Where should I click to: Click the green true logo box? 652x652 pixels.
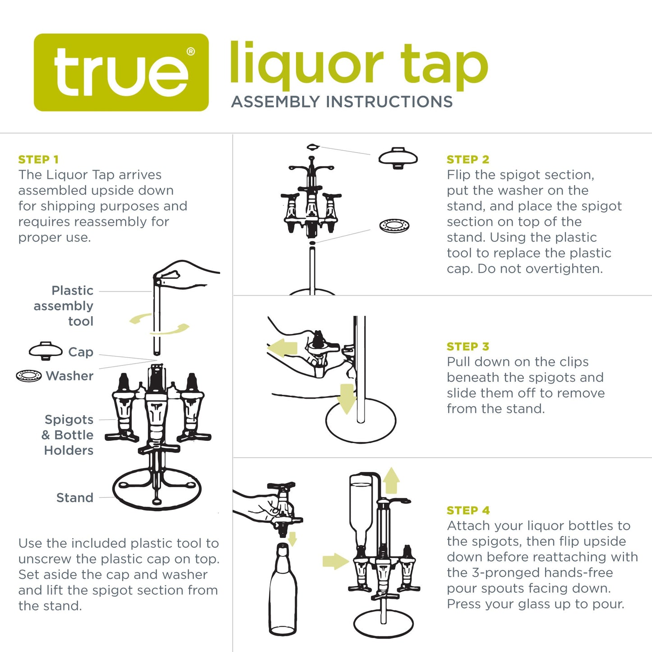point(121,72)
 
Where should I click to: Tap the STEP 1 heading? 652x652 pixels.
point(38,159)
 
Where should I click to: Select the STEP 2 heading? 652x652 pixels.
point(468,159)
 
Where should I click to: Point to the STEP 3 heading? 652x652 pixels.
point(468,346)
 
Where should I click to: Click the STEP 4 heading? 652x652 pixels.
point(468,510)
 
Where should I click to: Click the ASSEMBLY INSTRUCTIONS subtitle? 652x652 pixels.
point(342,102)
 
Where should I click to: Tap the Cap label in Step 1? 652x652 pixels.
point(80,352)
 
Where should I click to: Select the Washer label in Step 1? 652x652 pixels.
point(69,376)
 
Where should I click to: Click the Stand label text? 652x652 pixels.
point(74,498)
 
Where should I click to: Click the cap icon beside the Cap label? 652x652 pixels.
point(46,350)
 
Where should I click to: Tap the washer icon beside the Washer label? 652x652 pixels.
point(29,375)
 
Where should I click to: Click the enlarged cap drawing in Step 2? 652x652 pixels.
point(398,158)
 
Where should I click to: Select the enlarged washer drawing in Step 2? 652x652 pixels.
point(394,225)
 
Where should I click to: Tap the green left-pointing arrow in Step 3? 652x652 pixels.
point(282,348)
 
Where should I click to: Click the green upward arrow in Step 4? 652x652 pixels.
point(392,481)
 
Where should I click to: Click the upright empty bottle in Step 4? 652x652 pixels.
point(283,591)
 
